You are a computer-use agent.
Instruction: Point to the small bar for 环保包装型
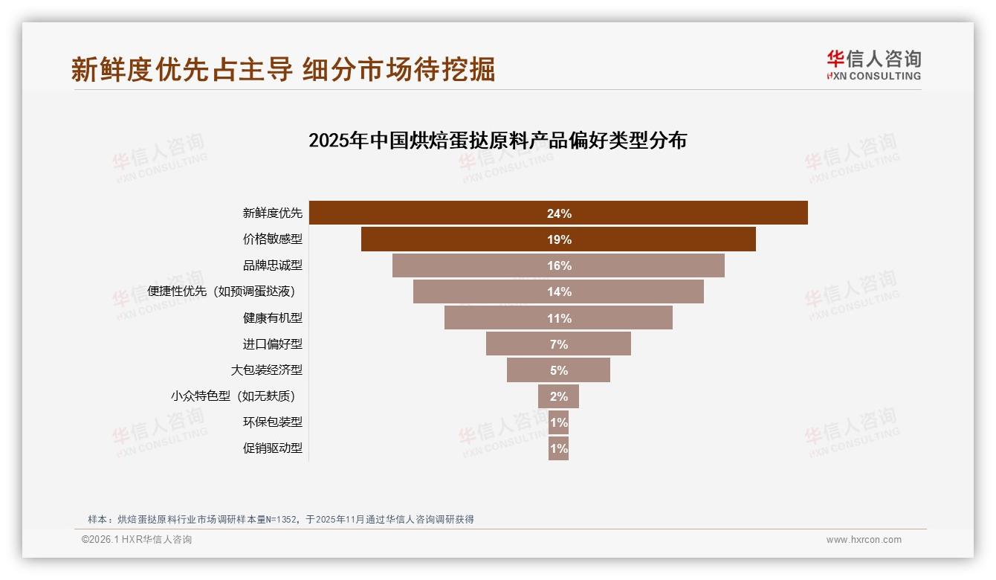(x=558, y=422)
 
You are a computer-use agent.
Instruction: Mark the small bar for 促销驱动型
(x=558, y=448)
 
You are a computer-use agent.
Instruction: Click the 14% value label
(x=559, y=292)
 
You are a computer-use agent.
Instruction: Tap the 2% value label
(x=559, y=396)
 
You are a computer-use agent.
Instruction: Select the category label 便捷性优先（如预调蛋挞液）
(x=226, y=291)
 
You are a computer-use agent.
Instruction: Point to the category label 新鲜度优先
(x=273, y=213)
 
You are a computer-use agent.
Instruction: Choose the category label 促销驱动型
(x=273, y=448)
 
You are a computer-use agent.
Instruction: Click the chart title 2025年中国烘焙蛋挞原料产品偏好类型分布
(x=497, y=141)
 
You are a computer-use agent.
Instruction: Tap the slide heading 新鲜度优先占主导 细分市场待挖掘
(x=283, y=69)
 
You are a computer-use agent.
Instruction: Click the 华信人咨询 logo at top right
(x=873, y=65)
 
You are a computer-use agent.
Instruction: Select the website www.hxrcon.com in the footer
(x=864, y=540)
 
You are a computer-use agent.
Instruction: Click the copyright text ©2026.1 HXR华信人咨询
(x=136, y=540)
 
